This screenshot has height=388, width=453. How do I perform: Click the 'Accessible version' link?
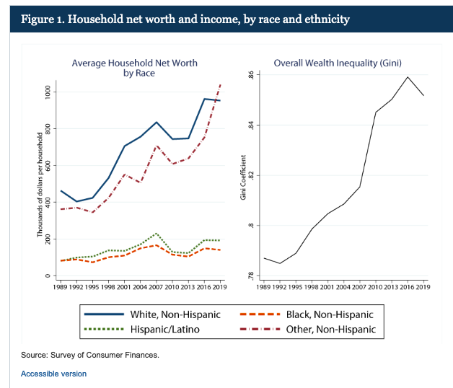(x=53, y=374)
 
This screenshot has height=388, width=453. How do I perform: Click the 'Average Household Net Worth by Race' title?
(x=135, y=68)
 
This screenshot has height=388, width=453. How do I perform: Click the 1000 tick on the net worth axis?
(x=48, y=92)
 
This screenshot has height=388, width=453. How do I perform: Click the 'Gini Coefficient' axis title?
(x=244, y=177)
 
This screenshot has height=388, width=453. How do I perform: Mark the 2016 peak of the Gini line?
(x=408, y=77)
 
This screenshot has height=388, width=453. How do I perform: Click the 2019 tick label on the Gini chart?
(x=422, y=288)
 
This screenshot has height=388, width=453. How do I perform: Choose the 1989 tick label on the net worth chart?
(x=61, y=288)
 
